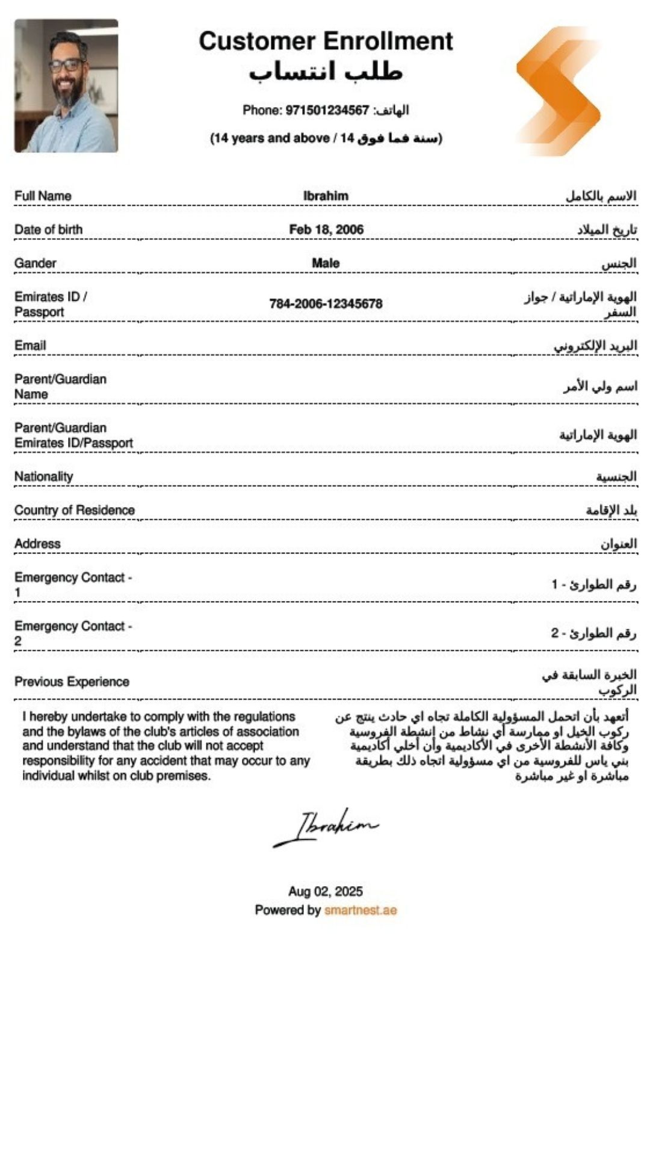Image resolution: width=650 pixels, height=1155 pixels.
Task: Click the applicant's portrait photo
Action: tap(66, 85)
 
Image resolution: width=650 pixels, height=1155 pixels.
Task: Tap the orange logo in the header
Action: tap(559, 91)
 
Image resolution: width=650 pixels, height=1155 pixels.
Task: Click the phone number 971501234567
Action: tap(327, 110)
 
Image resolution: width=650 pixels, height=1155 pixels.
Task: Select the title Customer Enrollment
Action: tap(326, 41)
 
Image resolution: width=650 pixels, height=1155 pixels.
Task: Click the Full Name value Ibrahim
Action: tap(326, 196)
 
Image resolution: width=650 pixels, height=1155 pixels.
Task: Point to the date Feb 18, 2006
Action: tap(326, 230)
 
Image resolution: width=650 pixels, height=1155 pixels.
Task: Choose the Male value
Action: tap(326, 263)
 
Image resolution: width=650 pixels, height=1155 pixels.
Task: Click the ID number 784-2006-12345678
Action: tap(326, 304)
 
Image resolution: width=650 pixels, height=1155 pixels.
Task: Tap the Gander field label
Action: tap(36, 263)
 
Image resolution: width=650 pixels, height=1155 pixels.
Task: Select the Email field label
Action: tap(30, 346)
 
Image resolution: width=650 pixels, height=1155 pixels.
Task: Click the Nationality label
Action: tap(44, 477)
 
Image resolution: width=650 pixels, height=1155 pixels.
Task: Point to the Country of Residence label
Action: tap(75, 510)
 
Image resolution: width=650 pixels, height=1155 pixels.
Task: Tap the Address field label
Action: tap(37, 544)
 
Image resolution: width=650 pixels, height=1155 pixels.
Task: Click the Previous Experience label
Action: tap(72, 682)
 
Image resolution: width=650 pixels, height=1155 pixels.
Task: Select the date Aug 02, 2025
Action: tap(326, 892)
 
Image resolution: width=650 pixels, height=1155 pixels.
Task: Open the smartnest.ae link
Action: tap(361, 910)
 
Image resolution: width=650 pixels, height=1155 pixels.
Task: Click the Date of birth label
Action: tap(48, 230)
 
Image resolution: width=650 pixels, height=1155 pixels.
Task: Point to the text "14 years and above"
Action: tap(271, 138)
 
